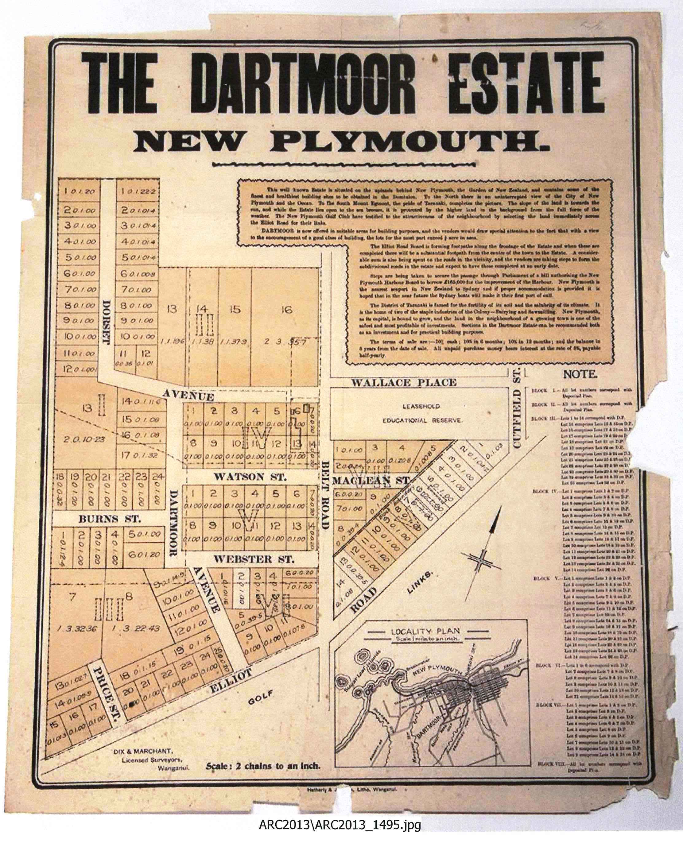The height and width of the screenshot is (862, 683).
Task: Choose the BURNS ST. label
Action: coord(110,519)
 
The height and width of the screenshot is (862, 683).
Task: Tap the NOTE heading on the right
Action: coord(580,375)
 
